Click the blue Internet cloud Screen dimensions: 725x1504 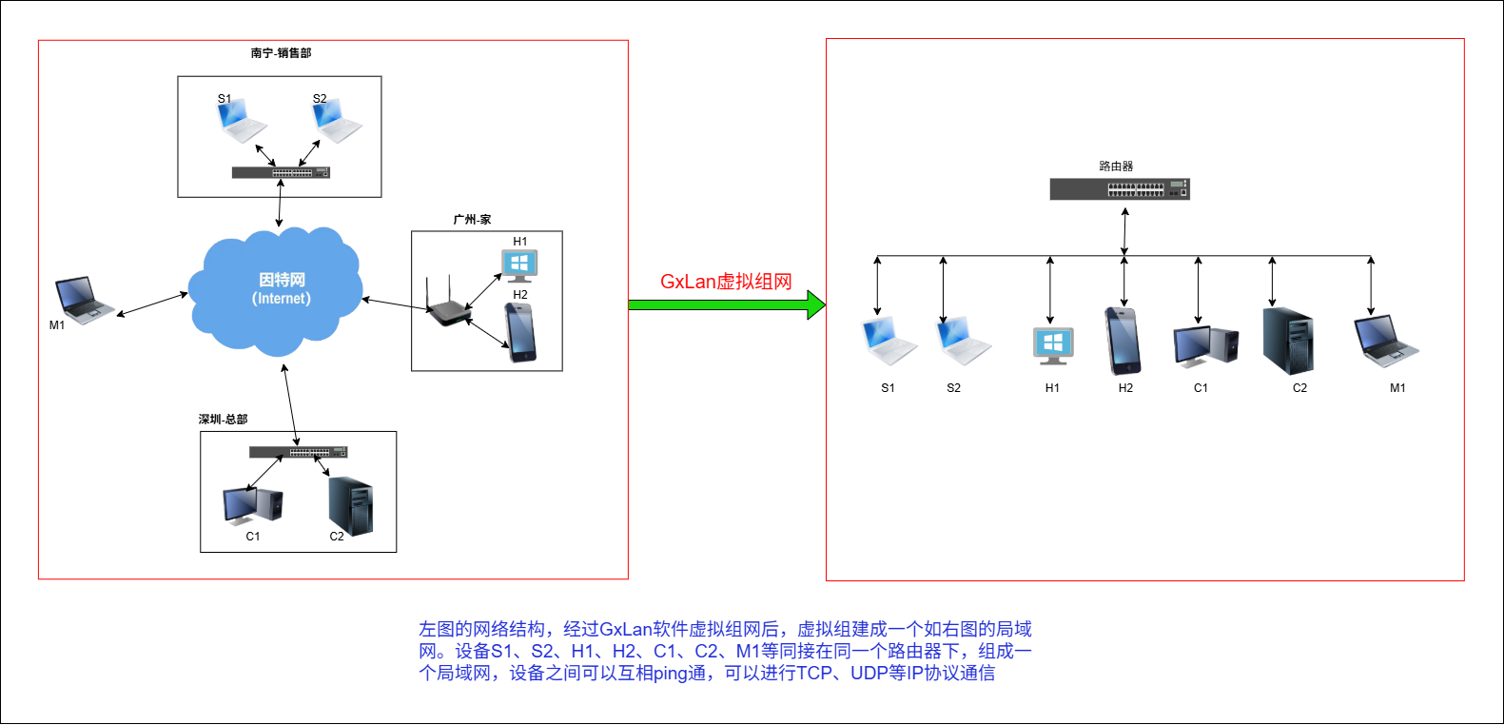276,289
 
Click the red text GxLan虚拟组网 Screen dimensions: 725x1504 726,282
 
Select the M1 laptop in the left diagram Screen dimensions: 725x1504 83,299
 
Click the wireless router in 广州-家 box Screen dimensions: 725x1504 445,304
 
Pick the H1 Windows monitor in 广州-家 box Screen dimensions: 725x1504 519,265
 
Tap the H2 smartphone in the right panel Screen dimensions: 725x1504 1123,341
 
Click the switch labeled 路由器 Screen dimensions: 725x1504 1120,189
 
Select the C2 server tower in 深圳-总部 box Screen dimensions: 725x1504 350,505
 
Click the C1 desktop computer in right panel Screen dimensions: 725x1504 1205,346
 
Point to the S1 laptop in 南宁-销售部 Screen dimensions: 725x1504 240,120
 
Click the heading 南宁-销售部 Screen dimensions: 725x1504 281,53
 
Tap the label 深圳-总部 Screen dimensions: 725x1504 224,419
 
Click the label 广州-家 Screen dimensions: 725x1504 472,220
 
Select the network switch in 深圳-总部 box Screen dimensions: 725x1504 298,452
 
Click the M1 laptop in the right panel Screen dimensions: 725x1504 1384,342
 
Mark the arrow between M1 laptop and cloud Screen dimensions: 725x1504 152,304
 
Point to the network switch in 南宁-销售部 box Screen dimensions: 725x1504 281,172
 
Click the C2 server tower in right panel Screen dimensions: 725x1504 1288,342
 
